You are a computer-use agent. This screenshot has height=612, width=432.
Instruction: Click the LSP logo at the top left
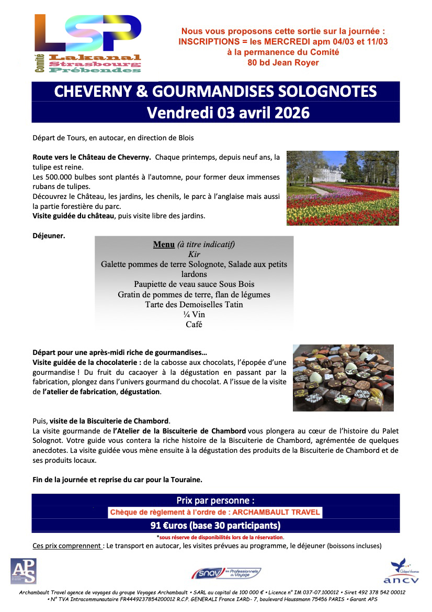[88, 43]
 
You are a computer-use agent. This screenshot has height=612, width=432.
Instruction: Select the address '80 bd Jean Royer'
[283, 63]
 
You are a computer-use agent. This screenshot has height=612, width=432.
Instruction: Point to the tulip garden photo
[343, 188]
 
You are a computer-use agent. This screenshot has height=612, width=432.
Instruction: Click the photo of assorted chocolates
[343, 377]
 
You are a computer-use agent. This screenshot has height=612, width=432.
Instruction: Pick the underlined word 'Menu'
[164, 244]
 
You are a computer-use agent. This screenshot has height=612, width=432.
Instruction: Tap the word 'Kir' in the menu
[194, 254]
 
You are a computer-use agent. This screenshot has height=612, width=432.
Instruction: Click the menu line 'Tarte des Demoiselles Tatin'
[194, 304]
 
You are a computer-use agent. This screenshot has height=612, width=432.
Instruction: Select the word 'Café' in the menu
[194, 325]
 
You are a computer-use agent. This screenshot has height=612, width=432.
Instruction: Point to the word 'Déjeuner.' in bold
[49, 236]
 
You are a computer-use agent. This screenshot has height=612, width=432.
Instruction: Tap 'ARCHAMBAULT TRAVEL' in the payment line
[276, 513]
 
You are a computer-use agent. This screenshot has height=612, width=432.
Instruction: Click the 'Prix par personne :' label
[215, 500]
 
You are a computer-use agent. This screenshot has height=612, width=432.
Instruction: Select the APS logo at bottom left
[24, 571]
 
